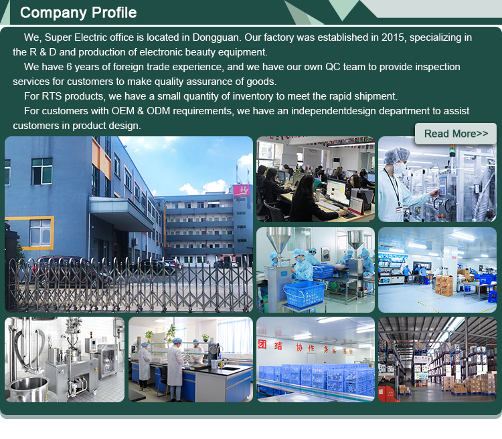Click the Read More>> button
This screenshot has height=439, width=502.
tap(456, 134)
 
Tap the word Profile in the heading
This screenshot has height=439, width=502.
tap(114, 13)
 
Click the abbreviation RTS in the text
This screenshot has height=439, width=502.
tap(52, 96)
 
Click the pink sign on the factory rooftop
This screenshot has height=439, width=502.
tap(242, 191)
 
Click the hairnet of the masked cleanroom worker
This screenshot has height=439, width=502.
tap(396, 154)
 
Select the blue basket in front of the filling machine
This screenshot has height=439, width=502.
tap(304, 294)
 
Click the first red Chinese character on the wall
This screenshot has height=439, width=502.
tap(262, 344)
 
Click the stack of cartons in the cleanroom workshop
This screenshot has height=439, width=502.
tap(444, 285)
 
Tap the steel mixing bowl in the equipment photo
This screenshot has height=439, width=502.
tap(29, 388)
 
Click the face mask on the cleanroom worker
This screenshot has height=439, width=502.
tap(400, 168)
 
